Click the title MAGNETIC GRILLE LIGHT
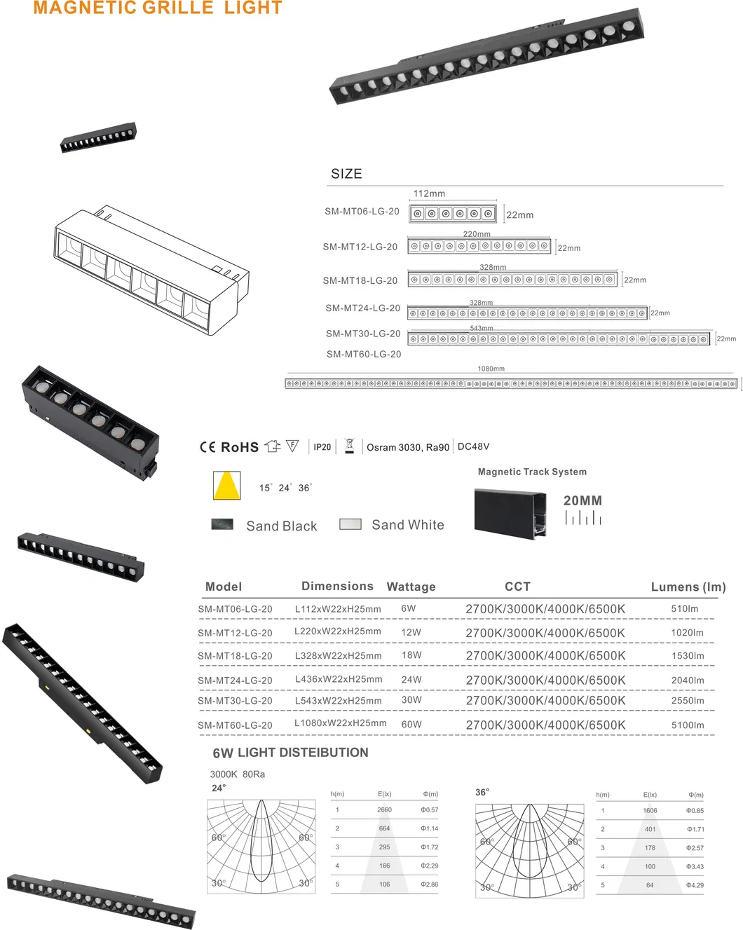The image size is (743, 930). (158, 8)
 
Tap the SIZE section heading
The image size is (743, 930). (346, 174)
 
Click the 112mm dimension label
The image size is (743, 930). (429, 193)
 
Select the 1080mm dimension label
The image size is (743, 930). (491, 369)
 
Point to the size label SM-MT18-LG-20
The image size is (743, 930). (360, 280)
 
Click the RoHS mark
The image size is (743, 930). (239, 447)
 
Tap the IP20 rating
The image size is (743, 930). (322, 447)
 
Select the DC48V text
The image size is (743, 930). (473, 446)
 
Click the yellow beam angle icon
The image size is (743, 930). (226, 485)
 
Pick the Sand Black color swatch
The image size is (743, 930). (222, 524)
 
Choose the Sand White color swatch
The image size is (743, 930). (350, 524)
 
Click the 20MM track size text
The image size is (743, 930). (582, 500)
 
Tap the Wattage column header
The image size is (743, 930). (411, 587)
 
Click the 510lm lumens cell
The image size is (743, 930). (684, 609)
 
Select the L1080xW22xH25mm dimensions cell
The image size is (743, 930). (340, 723)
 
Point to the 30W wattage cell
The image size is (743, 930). (411, 700)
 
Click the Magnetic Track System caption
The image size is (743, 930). (532, 472)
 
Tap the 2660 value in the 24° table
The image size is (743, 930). (384, 809)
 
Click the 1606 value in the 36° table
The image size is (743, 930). (650, 810)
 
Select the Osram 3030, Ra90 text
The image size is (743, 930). (407, 447)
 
